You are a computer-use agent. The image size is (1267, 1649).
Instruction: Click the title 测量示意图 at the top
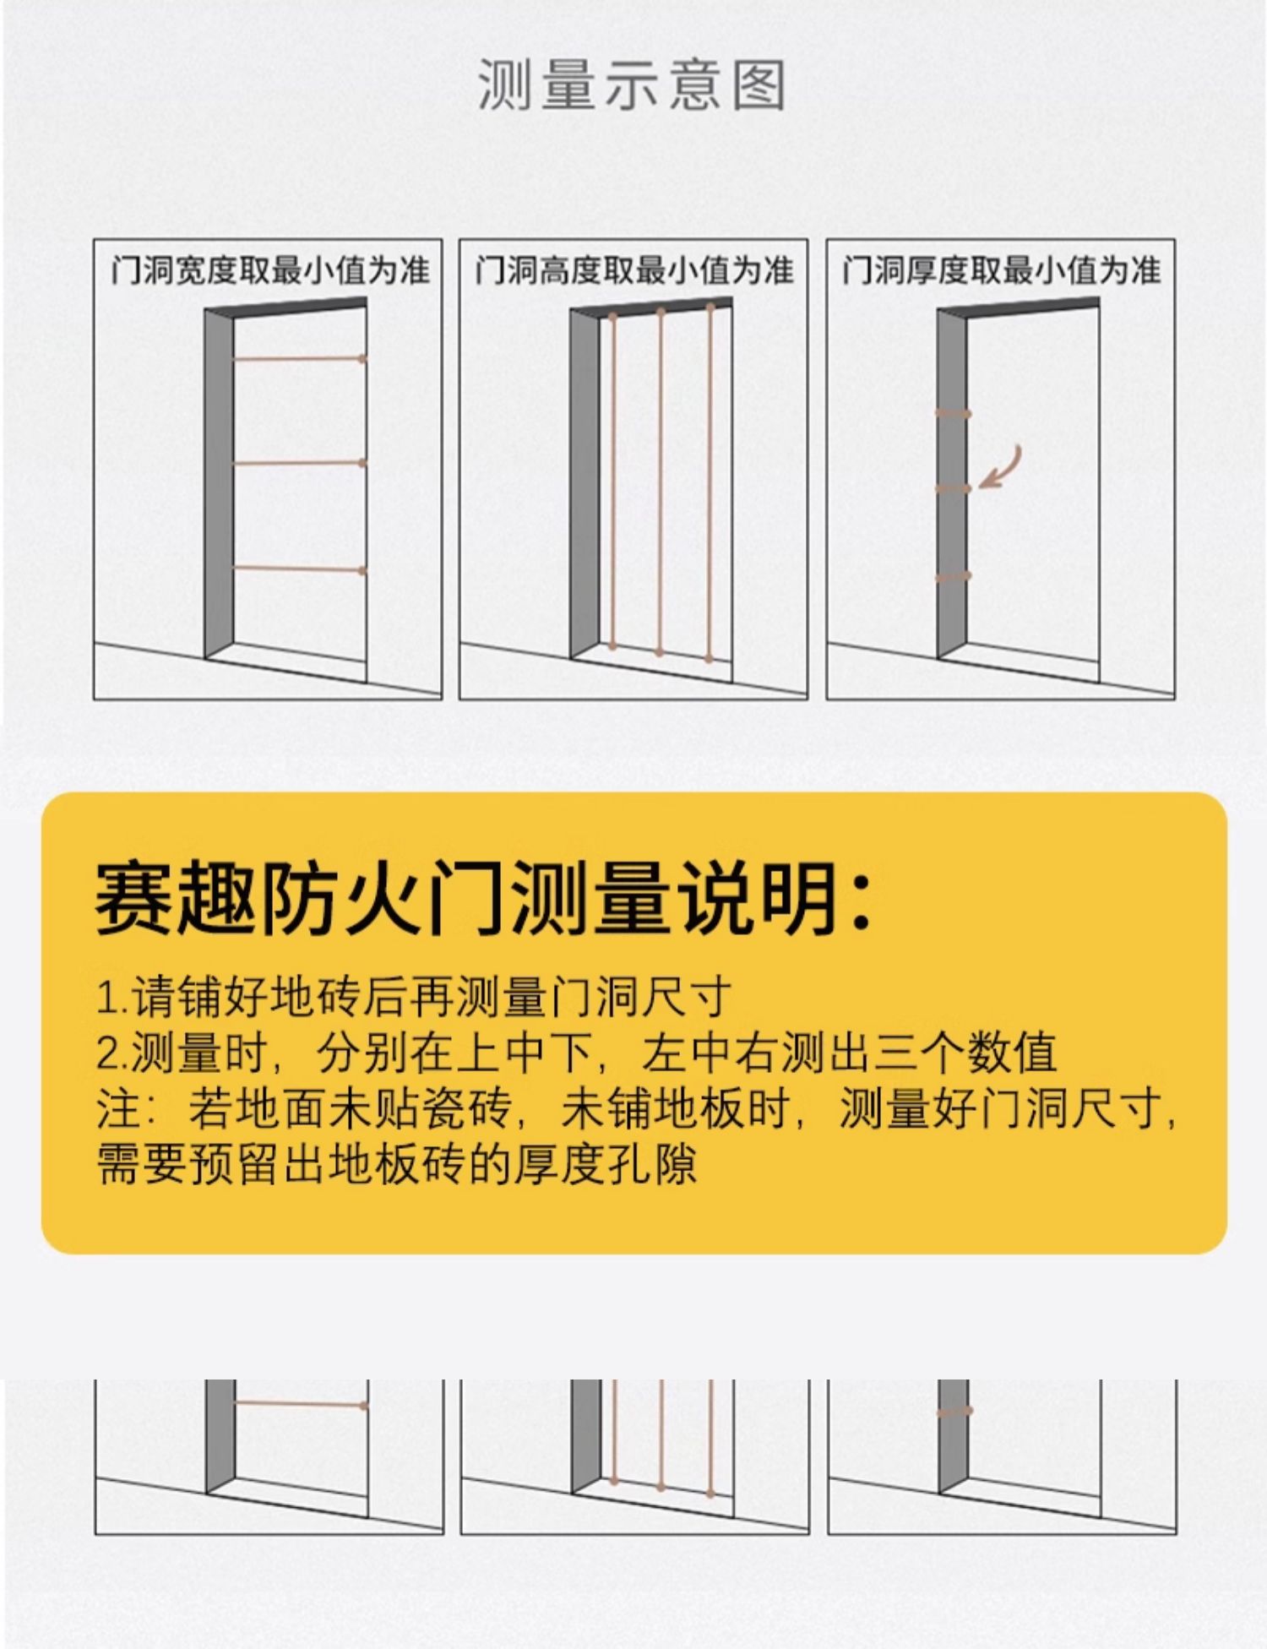pyautogui.click(x=632, y=86)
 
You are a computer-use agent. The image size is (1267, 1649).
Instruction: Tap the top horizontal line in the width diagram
pyautogui.click(x=298, y=359)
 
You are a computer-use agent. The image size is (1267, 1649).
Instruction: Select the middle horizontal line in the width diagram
pyautogui.click(x=298, y=464)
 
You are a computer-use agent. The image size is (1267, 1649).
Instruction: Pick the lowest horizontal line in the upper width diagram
pyautogui.click(x=298, y=570)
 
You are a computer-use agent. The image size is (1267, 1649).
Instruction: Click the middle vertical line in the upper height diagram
pyautogui.click(x=661, y=482)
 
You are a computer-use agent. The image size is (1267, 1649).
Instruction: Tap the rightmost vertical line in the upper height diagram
pyautogui.click(x=710, y=482)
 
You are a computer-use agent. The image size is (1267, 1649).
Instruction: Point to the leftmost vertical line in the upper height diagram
pyautogui.click(x=612, y=482)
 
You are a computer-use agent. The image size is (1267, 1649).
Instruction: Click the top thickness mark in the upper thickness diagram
pyautogui.click(x=953, y=414)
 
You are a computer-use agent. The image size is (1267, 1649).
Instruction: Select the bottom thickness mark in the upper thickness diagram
pyautogui.click(x=953, y=577)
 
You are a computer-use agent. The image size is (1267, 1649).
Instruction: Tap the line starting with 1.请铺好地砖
pyautogui.click(x=414, y=997)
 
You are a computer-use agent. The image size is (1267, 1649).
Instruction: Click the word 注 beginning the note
pyautogui.click(x=113, y=1108)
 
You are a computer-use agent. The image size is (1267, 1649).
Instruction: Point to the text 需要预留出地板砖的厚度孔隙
pyautogui.click(x=397, y=1164)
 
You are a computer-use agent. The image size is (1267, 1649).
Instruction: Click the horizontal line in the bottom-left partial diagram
pyautogui.click(x=300, y=1404)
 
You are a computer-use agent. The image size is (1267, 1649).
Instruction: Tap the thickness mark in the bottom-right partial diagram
pyautogui.click(x=954, y=1411)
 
